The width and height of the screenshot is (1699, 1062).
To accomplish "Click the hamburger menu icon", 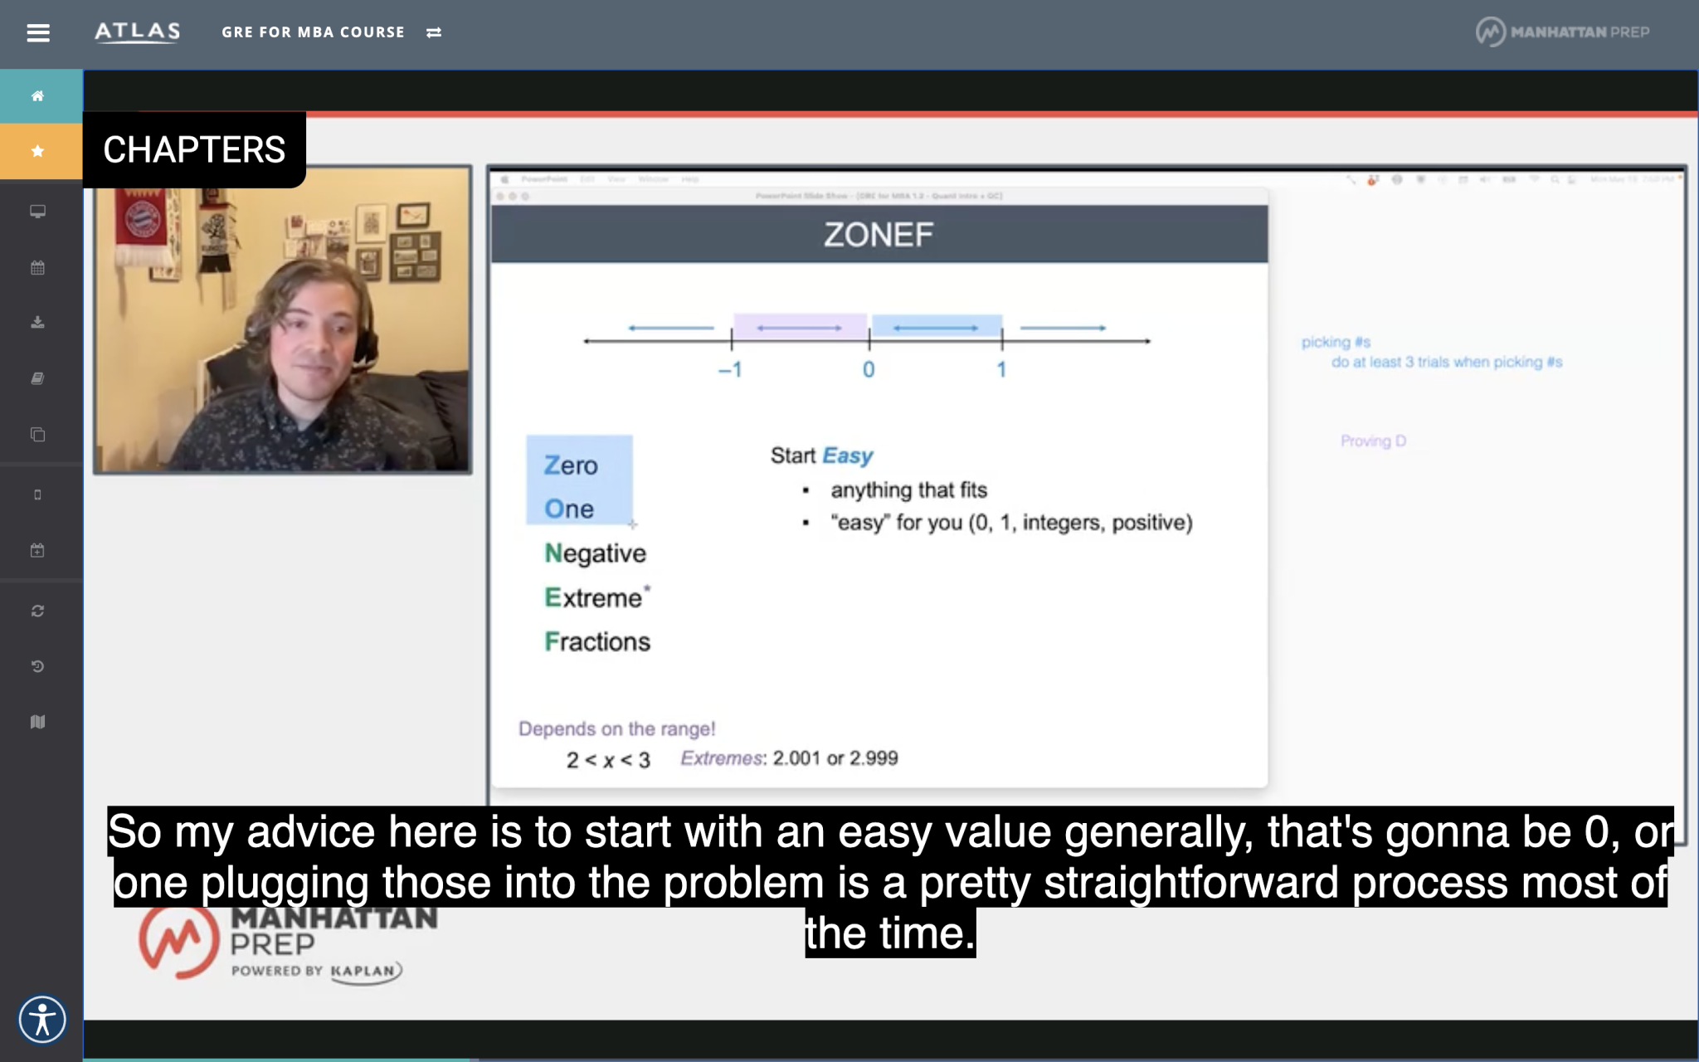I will click(x=38, y=33).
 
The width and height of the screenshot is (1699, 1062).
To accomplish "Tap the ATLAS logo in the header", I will click(x=137, y=32).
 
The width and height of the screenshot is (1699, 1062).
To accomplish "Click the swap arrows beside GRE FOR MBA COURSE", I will click(x=434, y=33).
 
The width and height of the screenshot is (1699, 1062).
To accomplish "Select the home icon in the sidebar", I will click(x=38, y=96).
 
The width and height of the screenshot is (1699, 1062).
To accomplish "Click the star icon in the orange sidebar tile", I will click(x=38, y=151).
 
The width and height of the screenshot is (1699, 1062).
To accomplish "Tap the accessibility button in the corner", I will click(x=42, y=1019).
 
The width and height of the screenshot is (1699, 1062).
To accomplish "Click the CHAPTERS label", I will click(x=194, y=150).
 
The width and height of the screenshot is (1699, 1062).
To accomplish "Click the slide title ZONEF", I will click(x=879, y=235).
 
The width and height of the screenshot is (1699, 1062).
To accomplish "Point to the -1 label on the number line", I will click(x=730, y=370).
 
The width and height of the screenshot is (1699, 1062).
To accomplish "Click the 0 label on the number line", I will click(x=869, y=370).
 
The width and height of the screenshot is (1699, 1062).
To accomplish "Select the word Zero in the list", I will click(x=571, y=465).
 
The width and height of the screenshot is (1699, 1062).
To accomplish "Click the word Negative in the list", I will click(x=595, y=553).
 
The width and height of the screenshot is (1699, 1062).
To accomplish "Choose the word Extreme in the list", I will click(x=593, y=598).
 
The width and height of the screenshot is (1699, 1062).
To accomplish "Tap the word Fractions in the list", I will click(x=597, y=642).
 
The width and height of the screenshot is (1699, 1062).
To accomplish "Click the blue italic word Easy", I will click(x=847, y=455).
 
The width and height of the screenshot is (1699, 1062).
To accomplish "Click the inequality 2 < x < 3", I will click(x=608, y=760).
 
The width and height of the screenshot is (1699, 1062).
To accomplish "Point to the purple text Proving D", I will click(x=1373, y=441).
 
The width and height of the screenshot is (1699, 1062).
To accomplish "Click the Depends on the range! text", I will click(x=616, y=729).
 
